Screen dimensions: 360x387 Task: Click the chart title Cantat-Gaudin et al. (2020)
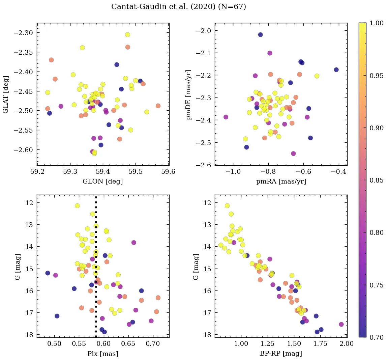pos(179,7)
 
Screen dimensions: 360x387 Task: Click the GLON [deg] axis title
pos(103,182)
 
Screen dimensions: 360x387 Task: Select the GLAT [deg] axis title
pos(6,94)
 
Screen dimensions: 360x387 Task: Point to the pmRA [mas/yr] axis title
pos(281,182)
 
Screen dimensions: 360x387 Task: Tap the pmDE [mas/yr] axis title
pos(189,94)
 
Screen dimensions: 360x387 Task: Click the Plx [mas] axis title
pos(103,354)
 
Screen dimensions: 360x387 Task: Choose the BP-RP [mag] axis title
pos(281,354)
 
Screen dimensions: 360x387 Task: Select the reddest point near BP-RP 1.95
pos(341,324)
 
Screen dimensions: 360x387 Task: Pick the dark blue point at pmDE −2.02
pos(260,35)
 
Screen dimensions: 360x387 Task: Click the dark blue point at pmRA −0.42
pos(336,70)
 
